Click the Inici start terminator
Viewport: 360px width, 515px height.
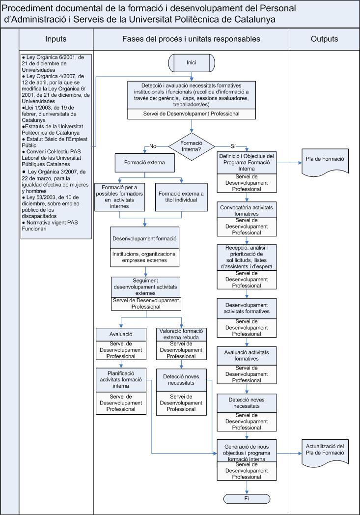click(x=192, y=62)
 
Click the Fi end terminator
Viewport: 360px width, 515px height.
click(x=247, y=498)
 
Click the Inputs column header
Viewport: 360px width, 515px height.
click(x=56, y=39)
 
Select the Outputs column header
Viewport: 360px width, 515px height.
click(x=325, y=39)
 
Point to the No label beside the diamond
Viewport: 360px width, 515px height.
click(x=153, y=146)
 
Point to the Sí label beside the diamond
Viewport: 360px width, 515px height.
click(x=233, y=146)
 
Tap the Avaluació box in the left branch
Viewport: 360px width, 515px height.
click(x=121, y=333)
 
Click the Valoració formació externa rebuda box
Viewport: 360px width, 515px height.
click(x=181, y=334)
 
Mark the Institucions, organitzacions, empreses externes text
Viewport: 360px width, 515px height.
click(x=145, y=257)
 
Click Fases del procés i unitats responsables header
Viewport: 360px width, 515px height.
click(x=191, y=39)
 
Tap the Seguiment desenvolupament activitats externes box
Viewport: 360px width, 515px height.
click(x=146, y=286)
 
